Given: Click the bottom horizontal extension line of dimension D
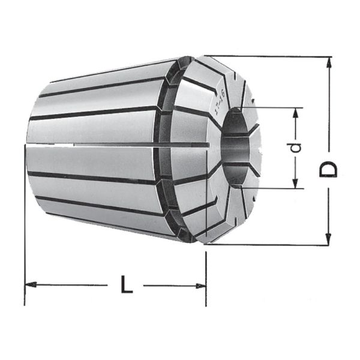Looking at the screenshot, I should (x=270, y=245).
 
